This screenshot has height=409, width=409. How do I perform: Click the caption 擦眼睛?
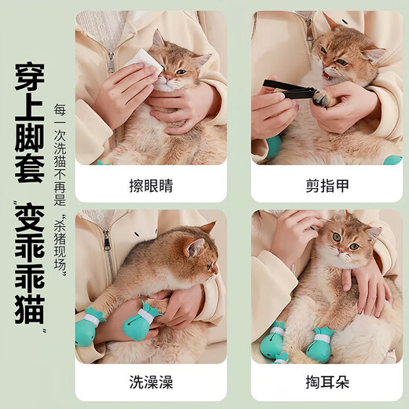151,186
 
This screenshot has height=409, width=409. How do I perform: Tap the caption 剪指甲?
326,186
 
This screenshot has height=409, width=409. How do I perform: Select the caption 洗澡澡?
151,383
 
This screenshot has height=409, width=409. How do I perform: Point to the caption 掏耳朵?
326,383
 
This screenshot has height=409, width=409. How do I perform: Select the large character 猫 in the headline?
28,307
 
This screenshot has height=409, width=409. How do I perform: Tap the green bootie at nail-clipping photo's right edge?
392,160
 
